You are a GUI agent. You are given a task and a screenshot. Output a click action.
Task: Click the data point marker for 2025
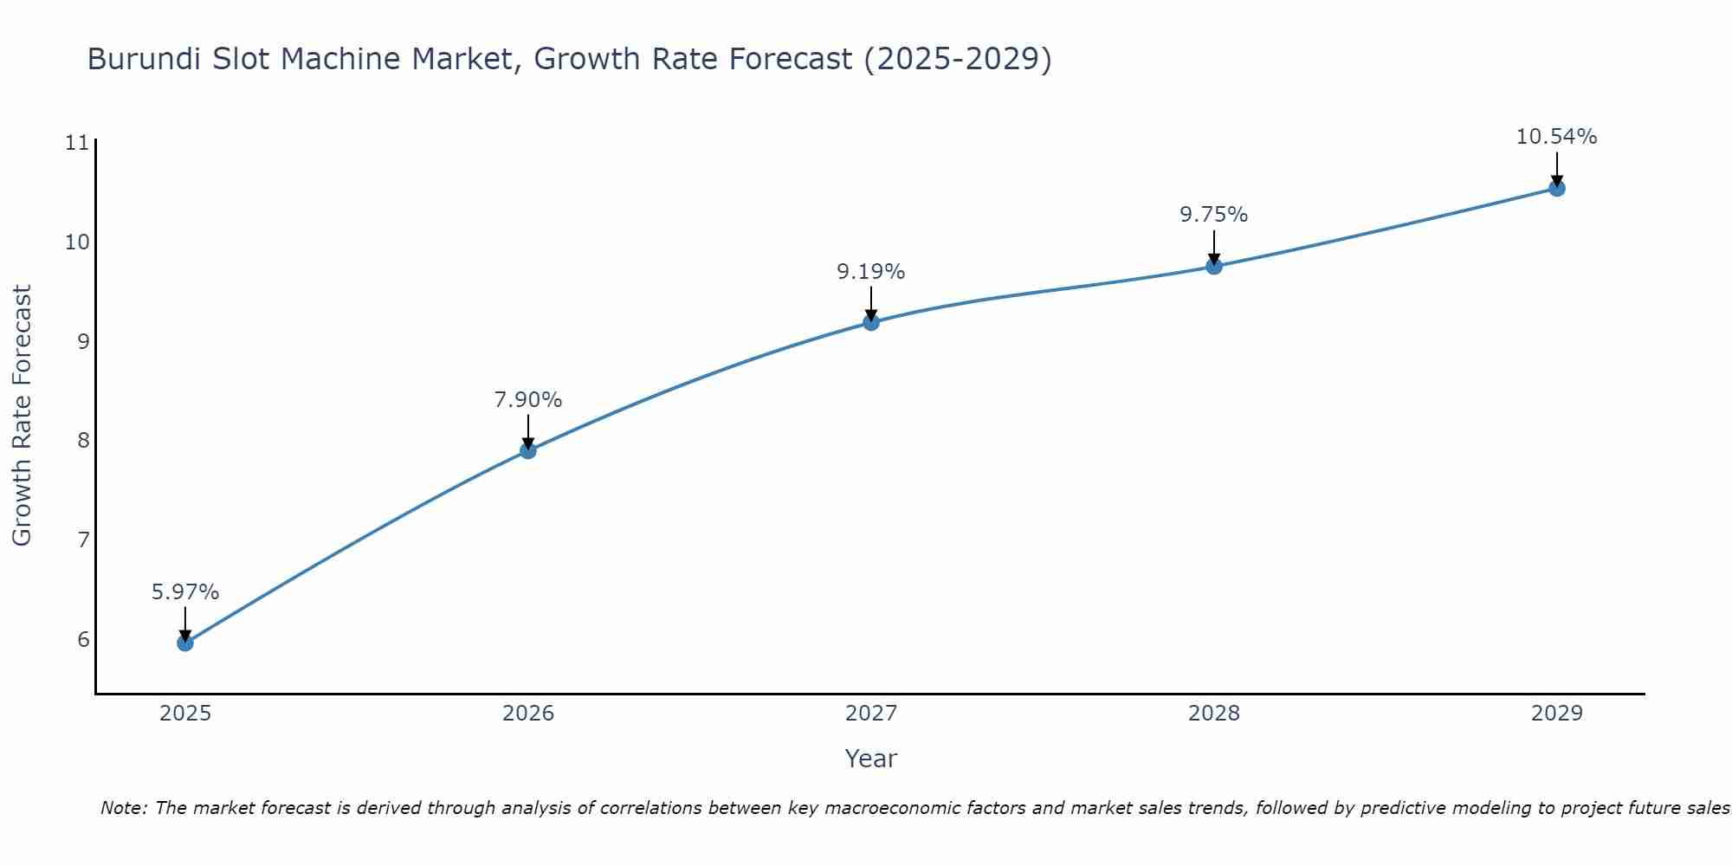pyautogui.click(x=184, y=643)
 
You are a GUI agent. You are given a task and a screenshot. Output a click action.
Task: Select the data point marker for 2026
pyautogui.click(x=527, y=450)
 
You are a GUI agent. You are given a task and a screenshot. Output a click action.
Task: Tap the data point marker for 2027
pyautogui.click(x=870, y=322)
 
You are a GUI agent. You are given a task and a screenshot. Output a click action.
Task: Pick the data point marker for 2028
pyautogui.click(x=1213, y=266)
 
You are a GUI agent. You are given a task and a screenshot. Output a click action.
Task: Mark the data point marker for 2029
pyautogui.click(x=1556, y=188)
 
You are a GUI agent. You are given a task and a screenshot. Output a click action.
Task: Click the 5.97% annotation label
pyautogui.click(x=184, y=592)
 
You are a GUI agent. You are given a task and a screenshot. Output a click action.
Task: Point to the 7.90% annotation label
pyautogui.click(x=527, y=400)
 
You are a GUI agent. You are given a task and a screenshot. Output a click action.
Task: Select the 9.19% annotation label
pyautogui.click(x=870, y=272)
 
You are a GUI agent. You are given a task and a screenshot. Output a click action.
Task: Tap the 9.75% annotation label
pyautogui.click(x=1213, y=215)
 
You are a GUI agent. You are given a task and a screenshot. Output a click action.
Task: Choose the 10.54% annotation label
pyautogui.click(x=1556, y=137)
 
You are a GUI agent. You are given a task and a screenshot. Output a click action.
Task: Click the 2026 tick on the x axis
pyautogui.click(x=528, y=714)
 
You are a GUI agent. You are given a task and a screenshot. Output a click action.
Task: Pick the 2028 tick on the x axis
pyautogui.click(x=1213, y=714)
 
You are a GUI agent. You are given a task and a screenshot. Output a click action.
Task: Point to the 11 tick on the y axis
pyautogui.click(x=77, y=143)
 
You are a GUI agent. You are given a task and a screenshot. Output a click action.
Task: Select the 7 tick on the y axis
pyautogui.click(x=83, y=540)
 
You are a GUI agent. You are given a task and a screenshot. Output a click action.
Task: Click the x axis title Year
pyautogui.click(x=870, y=759)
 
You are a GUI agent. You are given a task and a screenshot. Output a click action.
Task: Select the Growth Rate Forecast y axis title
pyautogui.click(x=22, y=416)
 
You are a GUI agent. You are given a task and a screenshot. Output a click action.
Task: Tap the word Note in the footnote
pyautogui.click(x=124, y=808)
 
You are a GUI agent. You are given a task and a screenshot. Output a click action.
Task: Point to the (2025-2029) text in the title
pyautogui.click(x=958, y=59)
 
